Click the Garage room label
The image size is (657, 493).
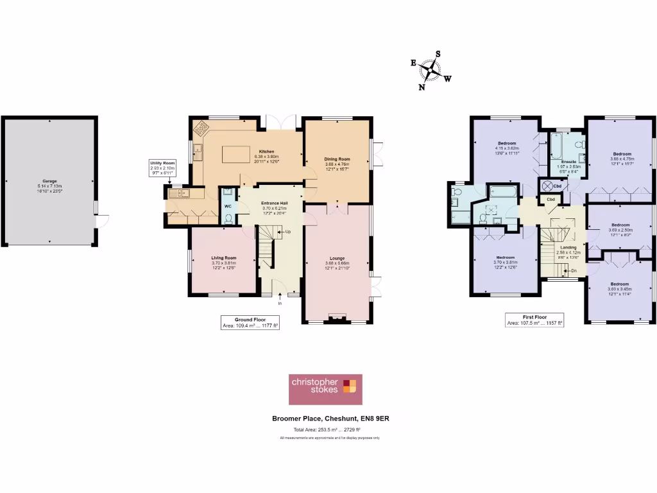[x=49, y=182]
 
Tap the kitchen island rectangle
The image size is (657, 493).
[x=236, y=155]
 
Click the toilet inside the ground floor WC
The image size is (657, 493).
[x=228, y=218]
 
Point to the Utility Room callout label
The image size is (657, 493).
[x=162, y=168]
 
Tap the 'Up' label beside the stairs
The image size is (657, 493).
[x=288, y=231]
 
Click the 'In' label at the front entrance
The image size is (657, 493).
[x=280, y=304]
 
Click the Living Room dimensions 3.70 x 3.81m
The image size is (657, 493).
[x=224, y=263]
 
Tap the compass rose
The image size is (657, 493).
[x=434, y=71]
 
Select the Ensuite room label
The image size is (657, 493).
[x=568, y=162]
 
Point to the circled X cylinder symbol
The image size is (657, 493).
[x=547, y=186]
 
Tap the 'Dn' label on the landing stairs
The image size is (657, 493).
[x=574, y=271]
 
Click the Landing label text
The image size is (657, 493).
[x=568, y=247]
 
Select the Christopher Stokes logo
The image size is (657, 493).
[x=325, y=390]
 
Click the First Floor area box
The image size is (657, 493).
[x=534, y=320]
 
